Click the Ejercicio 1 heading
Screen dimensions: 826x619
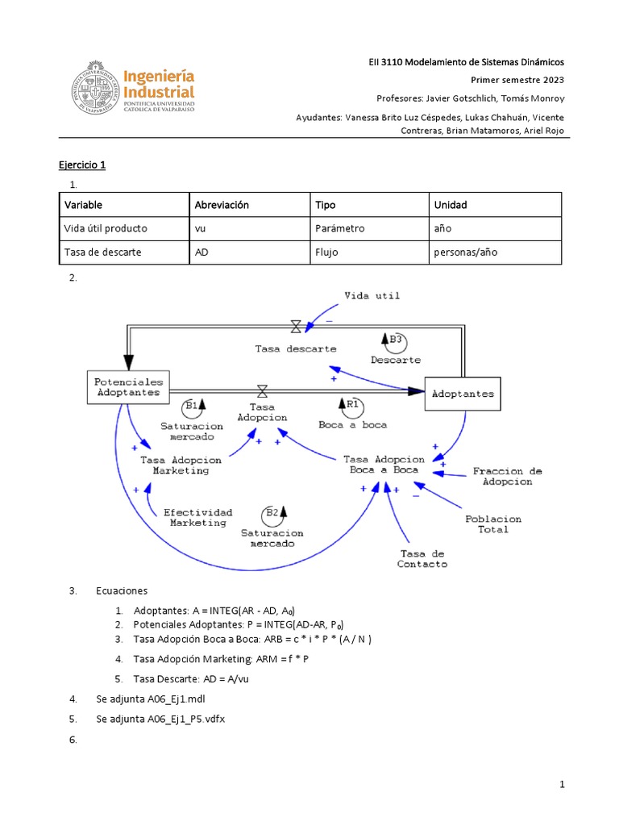(x=82, y=165)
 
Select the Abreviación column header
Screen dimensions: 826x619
(x=222, y=205)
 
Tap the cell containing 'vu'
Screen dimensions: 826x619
(x=201, y=228)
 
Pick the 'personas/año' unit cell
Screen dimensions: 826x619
(x=466, y=252)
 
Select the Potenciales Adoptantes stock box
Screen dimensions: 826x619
(x=128, y=387)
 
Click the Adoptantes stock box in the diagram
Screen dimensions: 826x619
(x=463, y=394)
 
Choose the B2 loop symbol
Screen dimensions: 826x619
(x=273, y=513)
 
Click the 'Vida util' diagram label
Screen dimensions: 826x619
(x=372, y=296)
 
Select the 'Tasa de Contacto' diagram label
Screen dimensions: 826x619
(x=422, y=558)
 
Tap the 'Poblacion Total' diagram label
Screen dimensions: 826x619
(x=492, y=524)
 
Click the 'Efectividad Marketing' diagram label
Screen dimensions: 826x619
(x=197, y=517)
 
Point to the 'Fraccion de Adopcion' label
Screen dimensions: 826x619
(x=507, y=476)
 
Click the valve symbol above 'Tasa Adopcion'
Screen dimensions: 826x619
(x=261, y=391)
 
